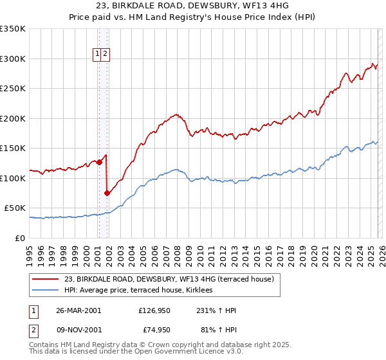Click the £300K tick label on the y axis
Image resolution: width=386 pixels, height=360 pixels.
click(x=13, y=59)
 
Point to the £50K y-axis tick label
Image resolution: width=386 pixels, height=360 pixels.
click(x=15, y=208)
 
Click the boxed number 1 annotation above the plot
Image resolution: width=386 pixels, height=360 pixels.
click(x=98, y=55)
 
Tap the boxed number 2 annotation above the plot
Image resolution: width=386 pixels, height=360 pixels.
click(x=106, y=55)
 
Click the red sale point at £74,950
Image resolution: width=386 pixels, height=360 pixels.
click(x=107, y=192)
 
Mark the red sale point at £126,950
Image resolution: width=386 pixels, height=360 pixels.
click(x=100, y=162)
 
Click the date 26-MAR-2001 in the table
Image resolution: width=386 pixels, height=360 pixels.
click(x=78, y=310)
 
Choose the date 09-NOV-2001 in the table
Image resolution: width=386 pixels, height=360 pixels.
click(x=78, y=331)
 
